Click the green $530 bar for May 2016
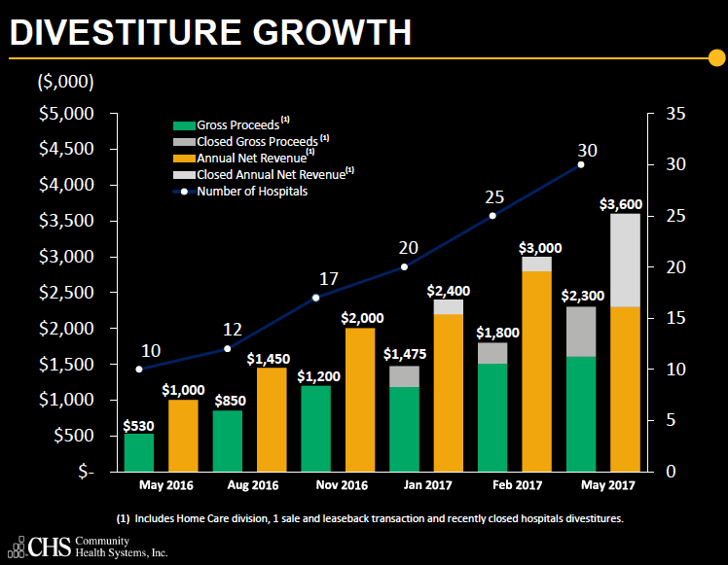coord(139,452)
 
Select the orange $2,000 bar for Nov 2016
coord(360,400)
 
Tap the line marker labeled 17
coord(315,297)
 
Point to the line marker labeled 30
coord(581,164)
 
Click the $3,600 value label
coord(620,203)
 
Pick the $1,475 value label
coord(404,354)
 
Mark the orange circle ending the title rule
coord(717,61)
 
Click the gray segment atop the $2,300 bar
coord(580,332)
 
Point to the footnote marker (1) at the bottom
coord(124,518)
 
